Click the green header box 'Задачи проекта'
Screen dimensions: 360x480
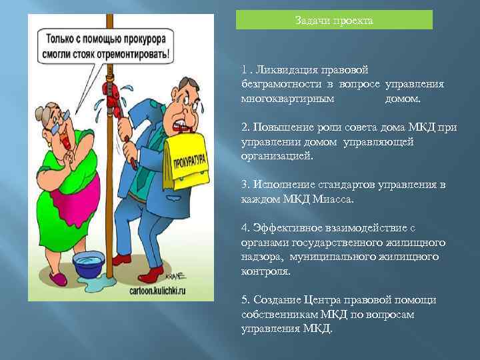point(334,20)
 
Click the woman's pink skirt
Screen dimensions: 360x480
point(74,200)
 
